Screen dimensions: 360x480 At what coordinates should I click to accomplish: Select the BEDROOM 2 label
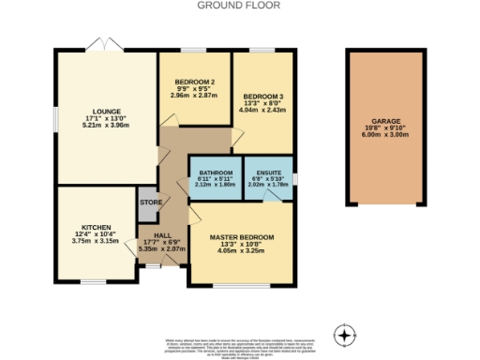pyautogui.click(x=194, y=82)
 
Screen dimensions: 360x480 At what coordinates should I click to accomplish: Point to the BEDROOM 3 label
pyautogui.click(x=262, y=97)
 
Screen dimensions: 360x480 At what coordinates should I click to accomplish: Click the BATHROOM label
pyautogui.click(x=215, y=172)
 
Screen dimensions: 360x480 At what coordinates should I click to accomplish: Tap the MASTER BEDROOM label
pyautogui.click(x=241, y=237)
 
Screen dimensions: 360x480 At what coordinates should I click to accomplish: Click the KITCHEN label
pyautogui.click(x=97, y=227)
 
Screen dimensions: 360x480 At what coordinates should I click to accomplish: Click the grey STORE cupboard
pyautogui.click(x=151, y=202)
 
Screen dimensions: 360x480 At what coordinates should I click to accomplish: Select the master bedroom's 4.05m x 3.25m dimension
pyautogui.click(x=241, y=251)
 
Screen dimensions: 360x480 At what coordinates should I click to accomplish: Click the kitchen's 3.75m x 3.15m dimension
pyautogui.click(x=97, y=241)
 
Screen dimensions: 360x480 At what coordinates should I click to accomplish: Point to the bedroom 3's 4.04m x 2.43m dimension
pyautogui.click(x=262, y=111)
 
